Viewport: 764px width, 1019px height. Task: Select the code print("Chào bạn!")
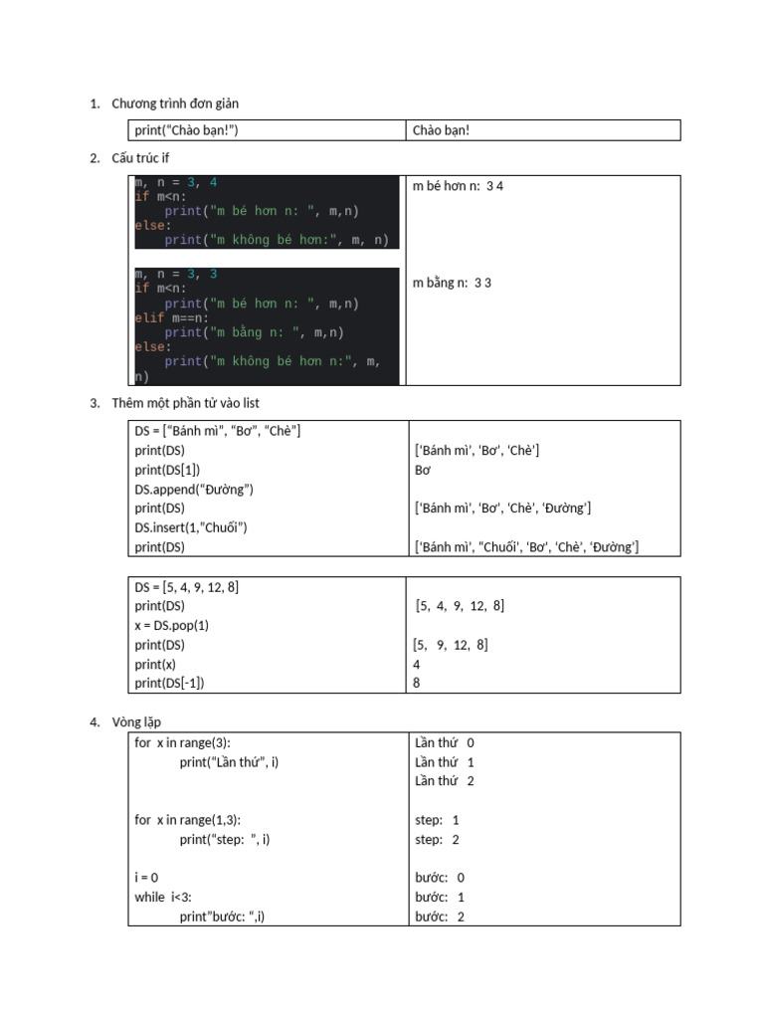click(x=187, y=130)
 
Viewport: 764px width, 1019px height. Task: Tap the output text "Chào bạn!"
click(x=442, y=130)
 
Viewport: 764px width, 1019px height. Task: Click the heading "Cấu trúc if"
click(x=140, y=158)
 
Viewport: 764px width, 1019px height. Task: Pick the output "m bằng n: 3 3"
click(x=453, y=283)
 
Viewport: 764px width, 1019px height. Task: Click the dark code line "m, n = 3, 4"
click(x=176, y=183)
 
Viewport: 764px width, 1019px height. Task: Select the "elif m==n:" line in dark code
click(x=172, y=318)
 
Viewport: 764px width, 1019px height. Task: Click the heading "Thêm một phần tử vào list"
click(x=186, y=403)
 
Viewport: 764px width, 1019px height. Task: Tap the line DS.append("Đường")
click(x=195, y=489)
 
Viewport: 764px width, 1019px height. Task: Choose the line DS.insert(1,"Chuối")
click(x=191, y=527)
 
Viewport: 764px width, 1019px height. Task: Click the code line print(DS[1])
click(x=168, y=470)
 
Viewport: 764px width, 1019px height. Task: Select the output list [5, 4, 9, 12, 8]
click(x=460, y=606)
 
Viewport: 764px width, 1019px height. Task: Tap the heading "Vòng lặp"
click(x=136, y=721)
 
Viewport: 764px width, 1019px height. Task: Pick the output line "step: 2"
click(x=438, y=840)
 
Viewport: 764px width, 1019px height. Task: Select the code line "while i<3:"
click(x=163, y=898)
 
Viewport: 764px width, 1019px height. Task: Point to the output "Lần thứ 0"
click(x=445, y=742)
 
